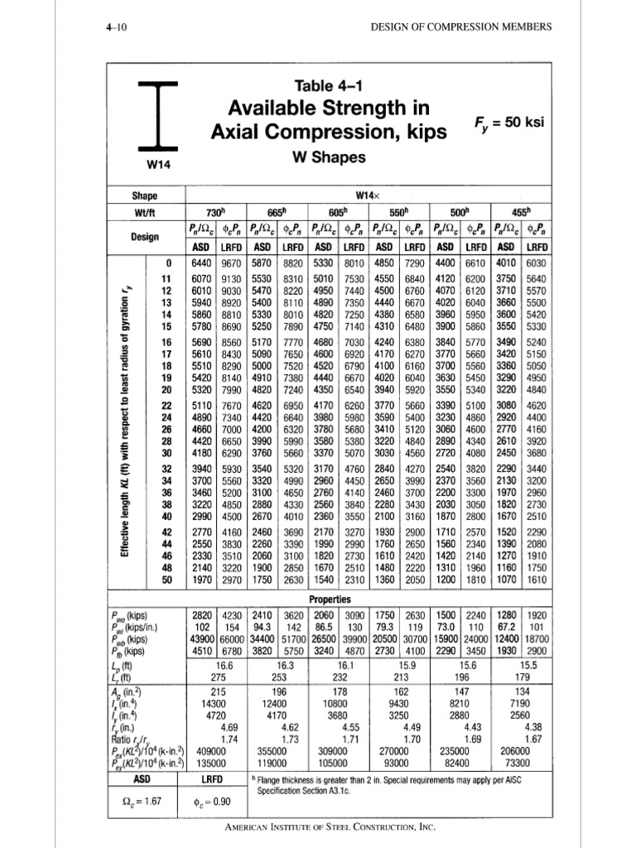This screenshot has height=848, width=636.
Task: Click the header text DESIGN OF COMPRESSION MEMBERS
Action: coord(460,26)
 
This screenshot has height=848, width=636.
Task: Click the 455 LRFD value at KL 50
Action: coord(537,581)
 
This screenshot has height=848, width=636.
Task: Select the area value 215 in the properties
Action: coord(218,690)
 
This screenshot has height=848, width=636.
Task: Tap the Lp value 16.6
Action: coord(218,664)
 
